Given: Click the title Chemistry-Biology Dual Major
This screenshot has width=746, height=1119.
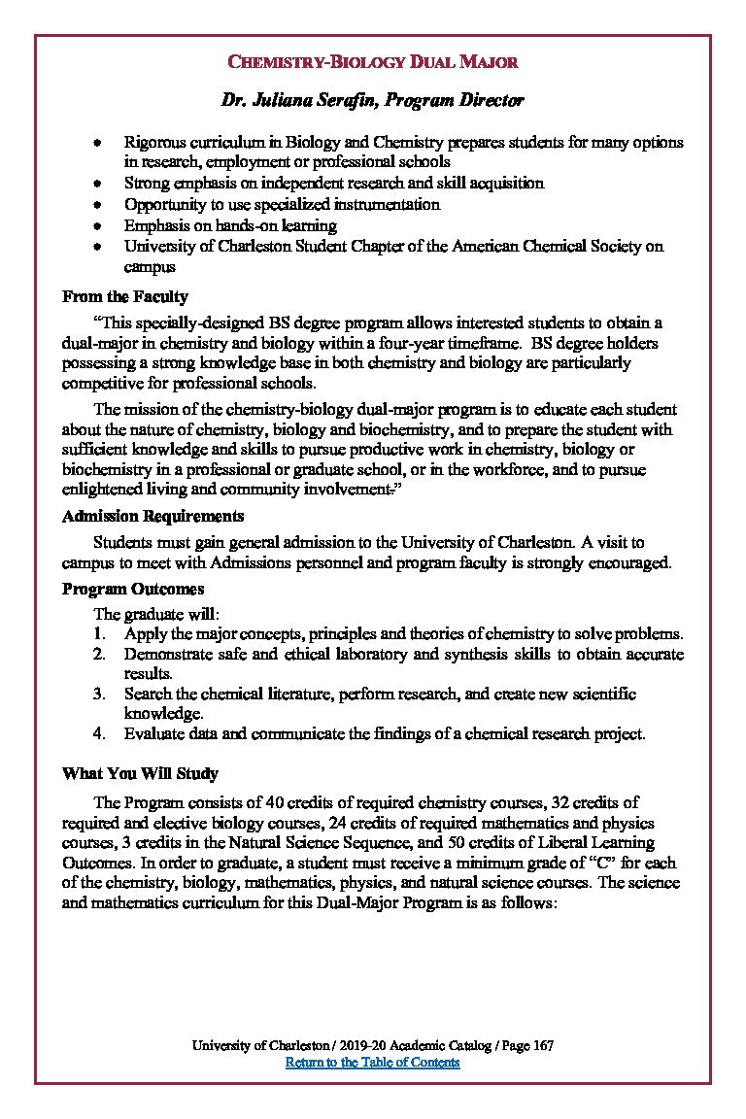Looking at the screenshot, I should click(372, 62).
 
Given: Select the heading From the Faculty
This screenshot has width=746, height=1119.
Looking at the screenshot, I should click(125, 296).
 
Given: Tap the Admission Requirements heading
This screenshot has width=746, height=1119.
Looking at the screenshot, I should click(153, 516).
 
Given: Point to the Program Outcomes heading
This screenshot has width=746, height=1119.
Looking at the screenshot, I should click(133, 589).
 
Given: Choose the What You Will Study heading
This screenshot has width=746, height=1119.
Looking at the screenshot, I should click(140, 773).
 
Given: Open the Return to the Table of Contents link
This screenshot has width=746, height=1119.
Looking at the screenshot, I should click(372, 1062).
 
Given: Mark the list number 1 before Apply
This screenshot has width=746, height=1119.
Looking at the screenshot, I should click(99, 633).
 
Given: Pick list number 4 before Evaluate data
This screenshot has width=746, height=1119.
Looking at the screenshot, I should click(99, 733).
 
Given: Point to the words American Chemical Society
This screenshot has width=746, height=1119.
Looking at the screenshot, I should click(559, 246).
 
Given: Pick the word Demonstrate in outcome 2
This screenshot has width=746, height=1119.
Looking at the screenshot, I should click(165, 654).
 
